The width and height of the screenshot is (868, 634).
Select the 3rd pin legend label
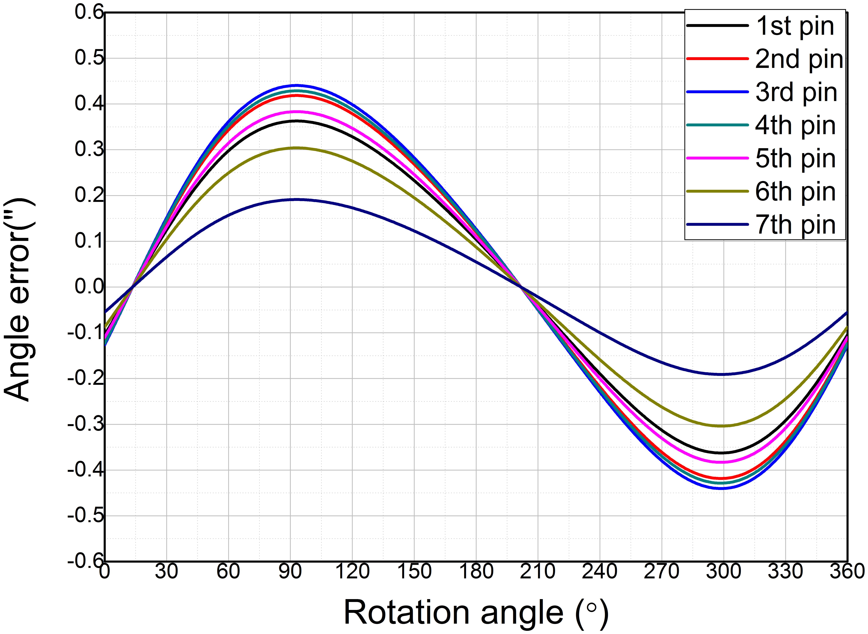click(796, 93)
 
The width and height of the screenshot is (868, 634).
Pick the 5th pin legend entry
click(795, 158)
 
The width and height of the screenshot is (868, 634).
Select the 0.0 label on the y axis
click(89, 287)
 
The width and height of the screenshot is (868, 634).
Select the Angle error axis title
click(19, 299)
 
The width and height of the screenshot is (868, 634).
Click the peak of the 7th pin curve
click(296, 200)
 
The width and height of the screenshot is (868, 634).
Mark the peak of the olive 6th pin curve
click(296, 148)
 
